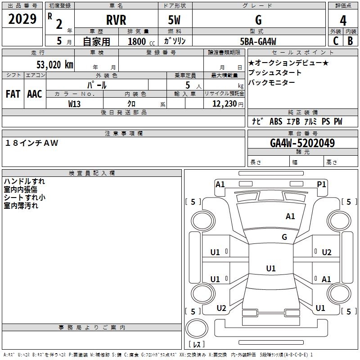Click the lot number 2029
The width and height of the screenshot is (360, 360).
tap(22, 19)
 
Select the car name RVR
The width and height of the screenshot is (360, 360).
tap(116, 20)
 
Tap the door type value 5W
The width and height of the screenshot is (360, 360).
tap(175, 20)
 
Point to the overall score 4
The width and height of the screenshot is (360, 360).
tap(343, 20)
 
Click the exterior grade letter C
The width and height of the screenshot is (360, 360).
tap(335, 41)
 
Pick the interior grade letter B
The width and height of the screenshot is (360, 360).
tap(350, 41)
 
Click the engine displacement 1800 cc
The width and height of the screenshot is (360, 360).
tap(139, 41)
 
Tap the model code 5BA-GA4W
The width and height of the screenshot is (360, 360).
tap(258, 41)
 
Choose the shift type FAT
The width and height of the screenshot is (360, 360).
tap(13, 94)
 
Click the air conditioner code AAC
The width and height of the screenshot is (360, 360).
tap(34, 94)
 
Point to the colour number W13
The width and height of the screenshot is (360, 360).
tap(75, 104)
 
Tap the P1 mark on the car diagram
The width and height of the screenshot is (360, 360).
tap(321, 184)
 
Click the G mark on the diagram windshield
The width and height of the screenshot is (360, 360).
tap(284, 237)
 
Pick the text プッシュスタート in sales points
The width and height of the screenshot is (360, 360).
tap(274, 73)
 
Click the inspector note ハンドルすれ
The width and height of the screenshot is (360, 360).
tap(24, 181)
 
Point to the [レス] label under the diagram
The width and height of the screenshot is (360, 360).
tap(198, 345)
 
